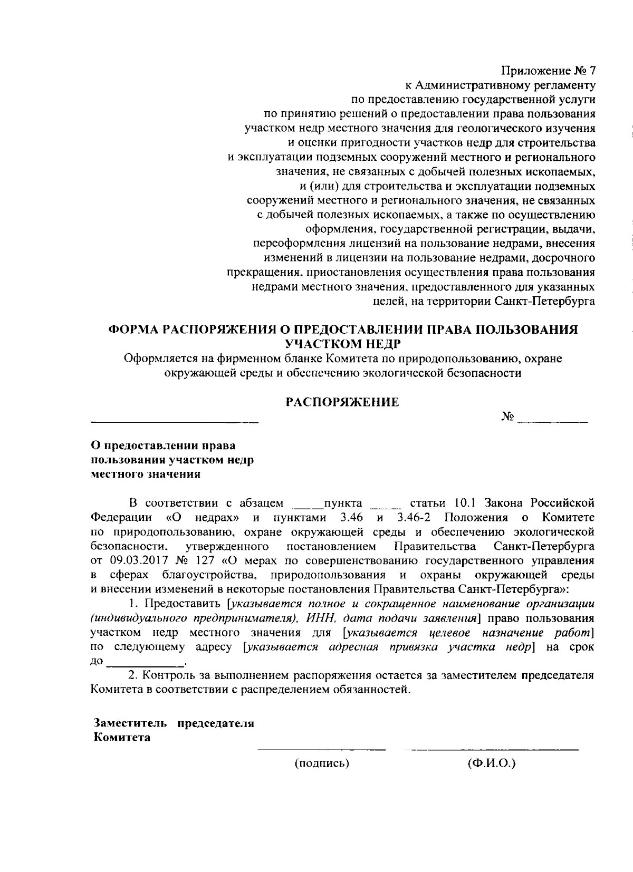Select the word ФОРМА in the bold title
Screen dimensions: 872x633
(132, 330)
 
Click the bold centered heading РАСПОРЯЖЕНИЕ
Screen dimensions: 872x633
(342, 402)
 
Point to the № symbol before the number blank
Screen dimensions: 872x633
(508, 416)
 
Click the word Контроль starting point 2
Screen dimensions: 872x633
(170, 676)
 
